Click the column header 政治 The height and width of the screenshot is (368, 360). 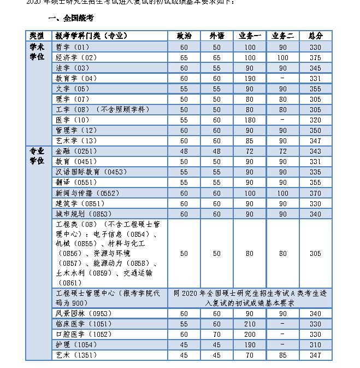184,36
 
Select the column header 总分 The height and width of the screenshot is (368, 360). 315,36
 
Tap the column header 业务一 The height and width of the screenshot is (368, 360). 250,36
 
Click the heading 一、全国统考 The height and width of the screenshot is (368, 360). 70,18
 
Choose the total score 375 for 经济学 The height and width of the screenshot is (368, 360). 315,57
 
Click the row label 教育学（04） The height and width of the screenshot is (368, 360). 76,78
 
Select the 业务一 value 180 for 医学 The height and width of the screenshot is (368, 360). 250,120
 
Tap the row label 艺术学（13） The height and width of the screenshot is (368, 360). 76,141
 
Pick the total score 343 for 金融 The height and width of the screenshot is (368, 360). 315,151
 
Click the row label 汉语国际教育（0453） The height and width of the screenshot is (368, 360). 91,172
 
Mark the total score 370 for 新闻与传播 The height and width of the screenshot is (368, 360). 315,193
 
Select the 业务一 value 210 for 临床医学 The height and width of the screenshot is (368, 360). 250,324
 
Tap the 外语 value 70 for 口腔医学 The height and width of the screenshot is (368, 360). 217,334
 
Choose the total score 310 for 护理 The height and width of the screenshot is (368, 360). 315,344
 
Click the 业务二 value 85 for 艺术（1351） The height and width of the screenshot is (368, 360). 282,355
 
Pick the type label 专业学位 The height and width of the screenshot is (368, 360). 37,156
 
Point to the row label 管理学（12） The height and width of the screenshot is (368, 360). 76,130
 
